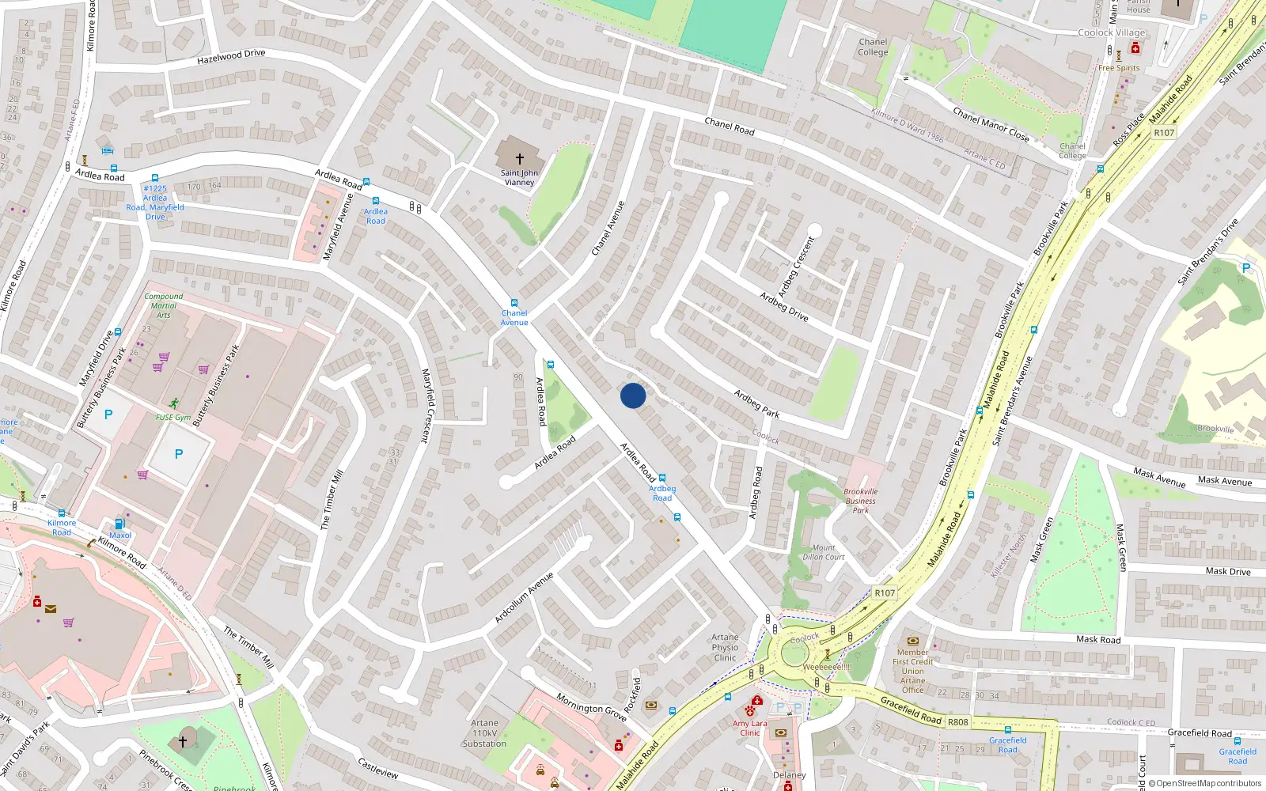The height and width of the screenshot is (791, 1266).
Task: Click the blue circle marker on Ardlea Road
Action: (633, 395)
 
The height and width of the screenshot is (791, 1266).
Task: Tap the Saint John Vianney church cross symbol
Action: (519, 159)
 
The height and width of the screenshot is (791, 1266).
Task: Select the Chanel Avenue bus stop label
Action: (514, 317)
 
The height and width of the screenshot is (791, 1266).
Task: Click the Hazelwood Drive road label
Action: (231, 57)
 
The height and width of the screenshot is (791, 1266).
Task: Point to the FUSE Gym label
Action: (172, 417)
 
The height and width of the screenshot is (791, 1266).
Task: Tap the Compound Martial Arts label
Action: (163, 305)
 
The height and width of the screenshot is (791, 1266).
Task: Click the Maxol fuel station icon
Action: (120, 524)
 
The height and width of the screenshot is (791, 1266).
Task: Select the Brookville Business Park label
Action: (861, 501)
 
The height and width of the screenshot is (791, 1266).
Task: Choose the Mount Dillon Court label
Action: (823, 552)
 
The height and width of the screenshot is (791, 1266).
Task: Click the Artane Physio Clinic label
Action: (725, 647)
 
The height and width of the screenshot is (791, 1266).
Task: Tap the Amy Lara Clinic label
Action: (750, 728)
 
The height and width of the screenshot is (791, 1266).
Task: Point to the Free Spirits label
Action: (1119, 68)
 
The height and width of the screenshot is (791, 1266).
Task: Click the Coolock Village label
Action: (1111, 32)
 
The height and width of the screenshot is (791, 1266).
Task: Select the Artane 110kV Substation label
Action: (484, 733)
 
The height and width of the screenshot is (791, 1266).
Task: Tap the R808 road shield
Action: (957, 721)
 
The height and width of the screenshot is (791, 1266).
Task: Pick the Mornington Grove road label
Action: (591, 707)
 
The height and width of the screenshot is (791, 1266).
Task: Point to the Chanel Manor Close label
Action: (991, 124)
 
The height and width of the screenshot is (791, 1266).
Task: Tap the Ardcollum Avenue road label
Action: (524, 597)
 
